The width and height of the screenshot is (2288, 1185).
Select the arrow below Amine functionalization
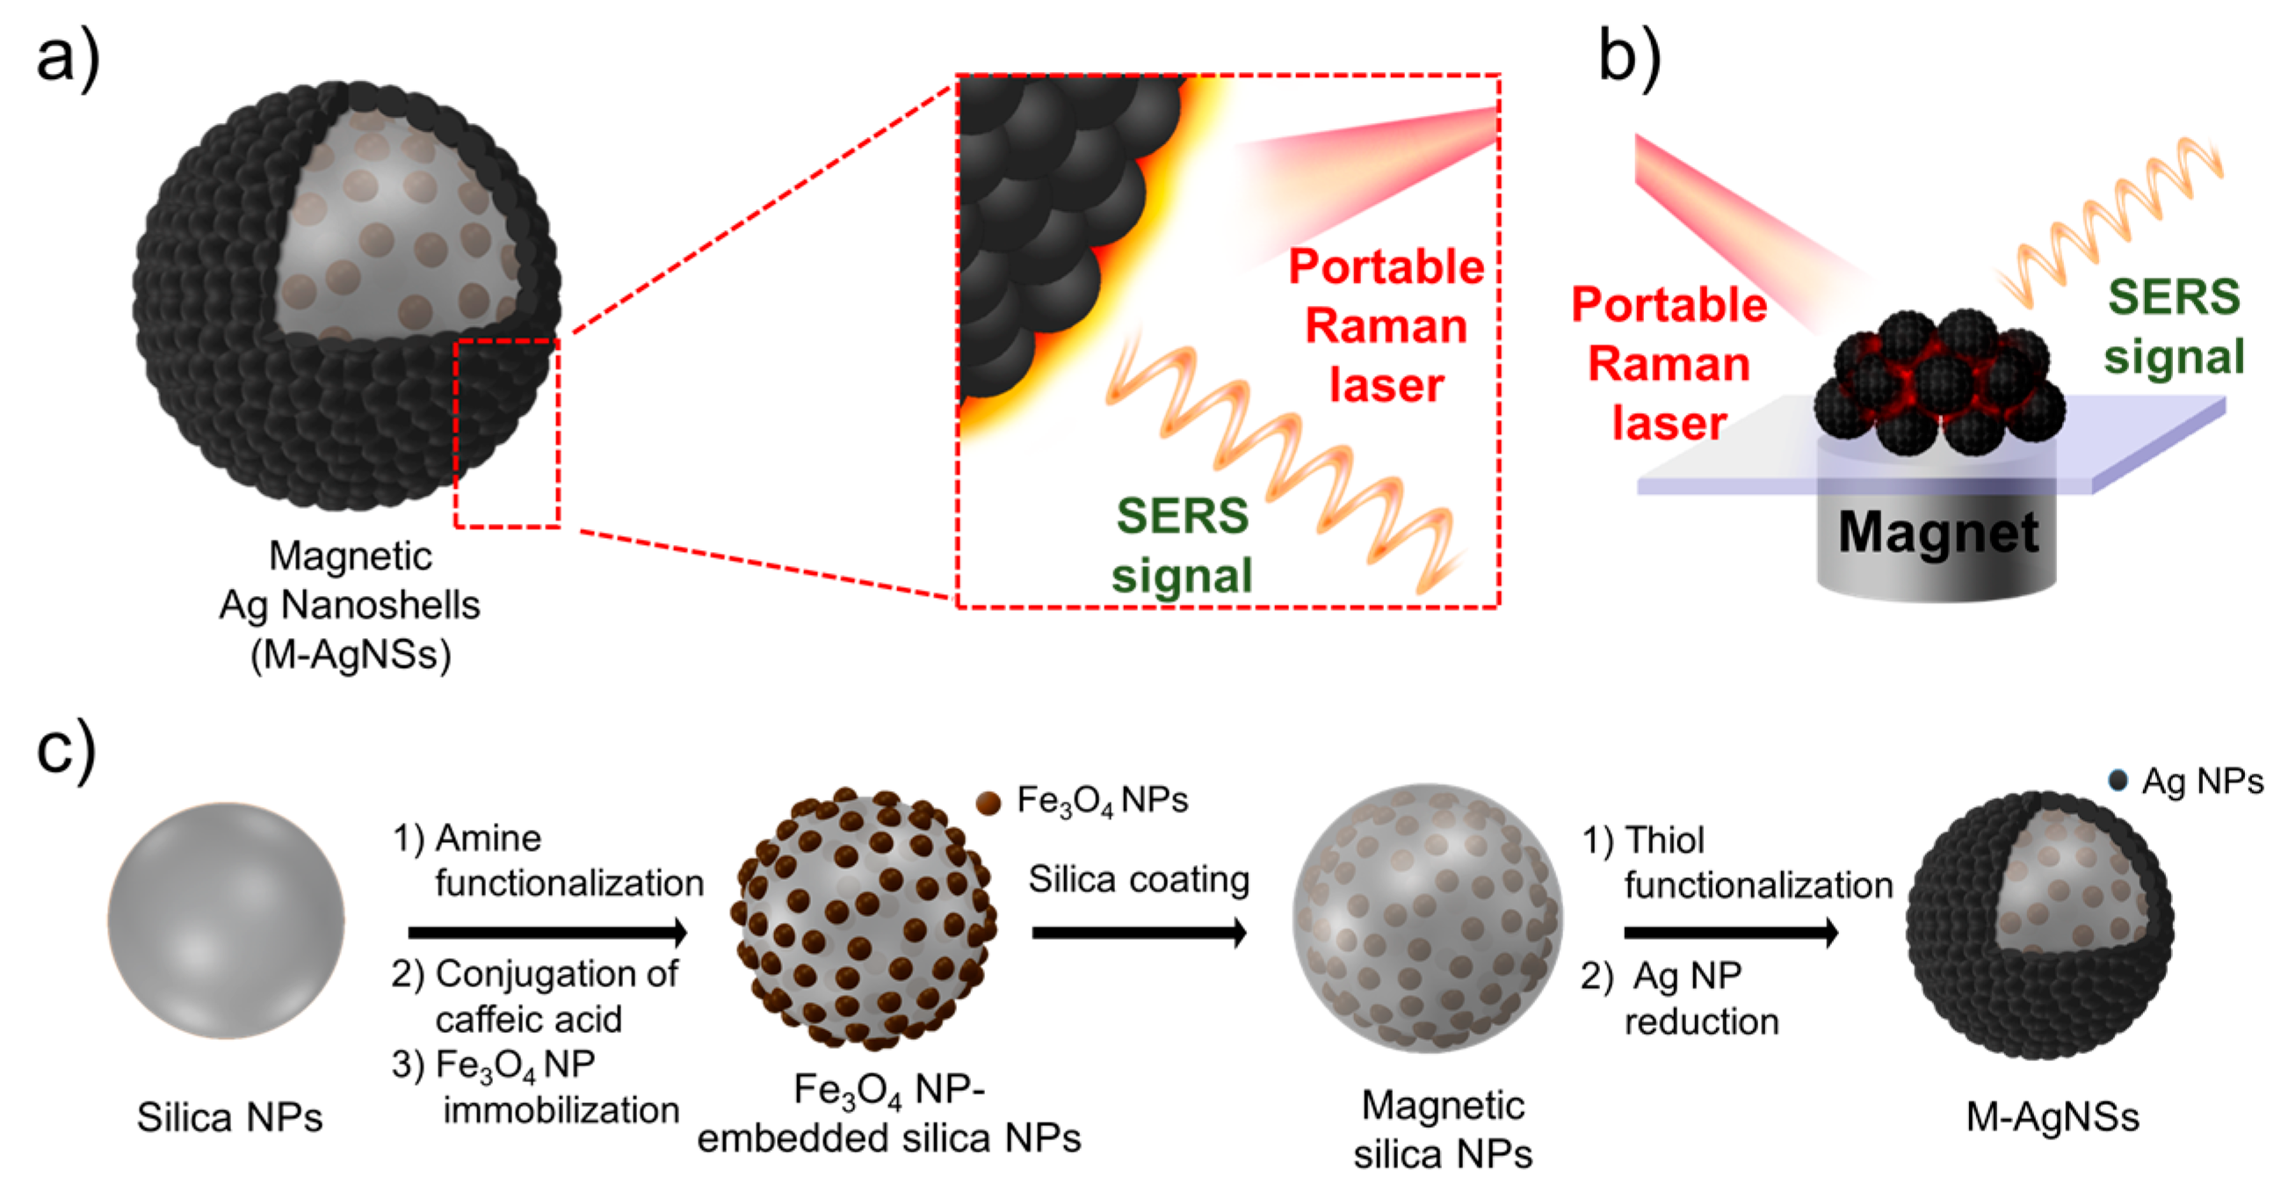[547, 932]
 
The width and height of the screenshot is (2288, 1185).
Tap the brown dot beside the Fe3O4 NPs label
[988, 802]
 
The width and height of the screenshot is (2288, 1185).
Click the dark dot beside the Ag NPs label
[2118, 781]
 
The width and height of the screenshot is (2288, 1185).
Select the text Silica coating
[1139, 879]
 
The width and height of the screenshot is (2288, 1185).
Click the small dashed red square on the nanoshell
[507, 433]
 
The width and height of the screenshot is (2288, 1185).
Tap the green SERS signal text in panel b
[2174, 327]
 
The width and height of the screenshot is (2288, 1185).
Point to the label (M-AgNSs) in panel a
[351, 655]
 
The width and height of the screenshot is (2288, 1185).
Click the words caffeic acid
[528, 1019]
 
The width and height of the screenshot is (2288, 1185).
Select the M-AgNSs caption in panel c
[2053, 1116]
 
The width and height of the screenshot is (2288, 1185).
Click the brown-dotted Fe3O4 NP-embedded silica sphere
[863, 920]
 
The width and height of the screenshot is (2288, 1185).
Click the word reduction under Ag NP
[1702, 1021]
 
